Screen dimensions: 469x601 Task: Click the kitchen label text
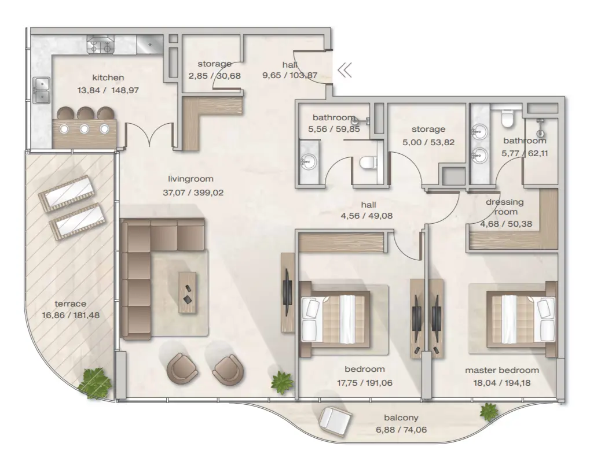tap(108, 77)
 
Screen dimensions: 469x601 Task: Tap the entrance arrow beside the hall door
tap(345, 71)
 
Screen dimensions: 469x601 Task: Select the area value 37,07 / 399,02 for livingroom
tap(190, 191)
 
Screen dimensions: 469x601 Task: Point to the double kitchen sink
tap(41, 91)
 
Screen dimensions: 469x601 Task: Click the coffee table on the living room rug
tap(188, 292)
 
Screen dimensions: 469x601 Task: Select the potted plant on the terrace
tap(94, 382)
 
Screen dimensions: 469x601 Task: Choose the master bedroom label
tap(501, 370)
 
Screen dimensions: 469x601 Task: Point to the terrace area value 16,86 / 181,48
tap(71, 316)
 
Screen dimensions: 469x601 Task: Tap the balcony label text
tap(401, 418)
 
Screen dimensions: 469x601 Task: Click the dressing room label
tap(497, 207)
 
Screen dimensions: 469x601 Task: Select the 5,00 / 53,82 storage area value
tap(428, 142)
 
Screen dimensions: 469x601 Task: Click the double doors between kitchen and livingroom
tap(150, 135)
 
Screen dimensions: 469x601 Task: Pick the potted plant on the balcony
tap(489, 412)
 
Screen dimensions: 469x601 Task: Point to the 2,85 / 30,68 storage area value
tap(214, 75)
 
